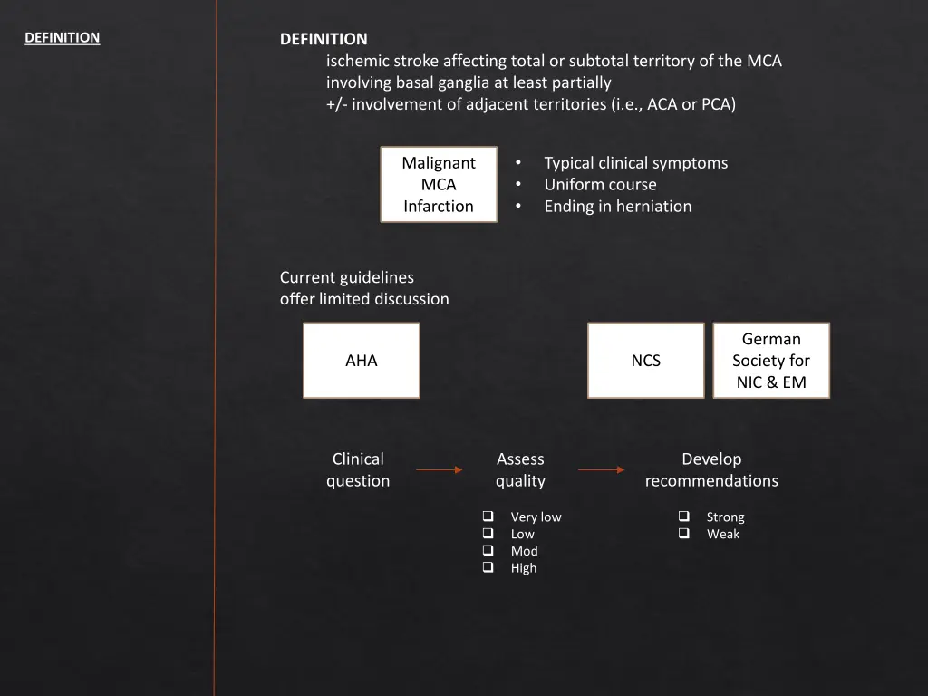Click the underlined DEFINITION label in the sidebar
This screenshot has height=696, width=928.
(x=62, y=38)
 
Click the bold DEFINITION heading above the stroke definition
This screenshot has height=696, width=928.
(x=324, y=39)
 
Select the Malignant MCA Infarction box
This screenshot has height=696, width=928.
(x=439, y=185)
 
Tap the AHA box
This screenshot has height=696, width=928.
(x=362, y=361)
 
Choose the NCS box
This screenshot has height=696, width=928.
(x=645, y=361)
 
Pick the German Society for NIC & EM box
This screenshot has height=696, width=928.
(x=771, y=361)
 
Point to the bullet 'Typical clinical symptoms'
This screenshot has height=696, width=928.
(x=635, y=163)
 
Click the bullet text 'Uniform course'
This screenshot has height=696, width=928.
(x=600, y=185)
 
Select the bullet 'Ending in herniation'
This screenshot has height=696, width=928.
(x=617, y=207)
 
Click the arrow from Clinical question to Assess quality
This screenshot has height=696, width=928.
(x=439, y=470)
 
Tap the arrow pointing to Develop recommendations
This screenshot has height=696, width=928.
(x=601, y=470)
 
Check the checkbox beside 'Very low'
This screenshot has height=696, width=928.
(x=488, y=517)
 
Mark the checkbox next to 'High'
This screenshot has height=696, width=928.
(x=488, y=567)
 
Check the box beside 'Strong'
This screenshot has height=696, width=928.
(x=683, y=517)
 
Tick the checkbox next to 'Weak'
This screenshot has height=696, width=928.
(x=683, y=534)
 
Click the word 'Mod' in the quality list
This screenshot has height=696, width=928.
(x=524, y=551)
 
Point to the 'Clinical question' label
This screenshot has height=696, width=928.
(x=358, y=470)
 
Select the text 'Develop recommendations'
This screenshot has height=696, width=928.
(x=711, y=470)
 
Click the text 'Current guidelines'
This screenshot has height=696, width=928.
(x=347, y=277)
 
